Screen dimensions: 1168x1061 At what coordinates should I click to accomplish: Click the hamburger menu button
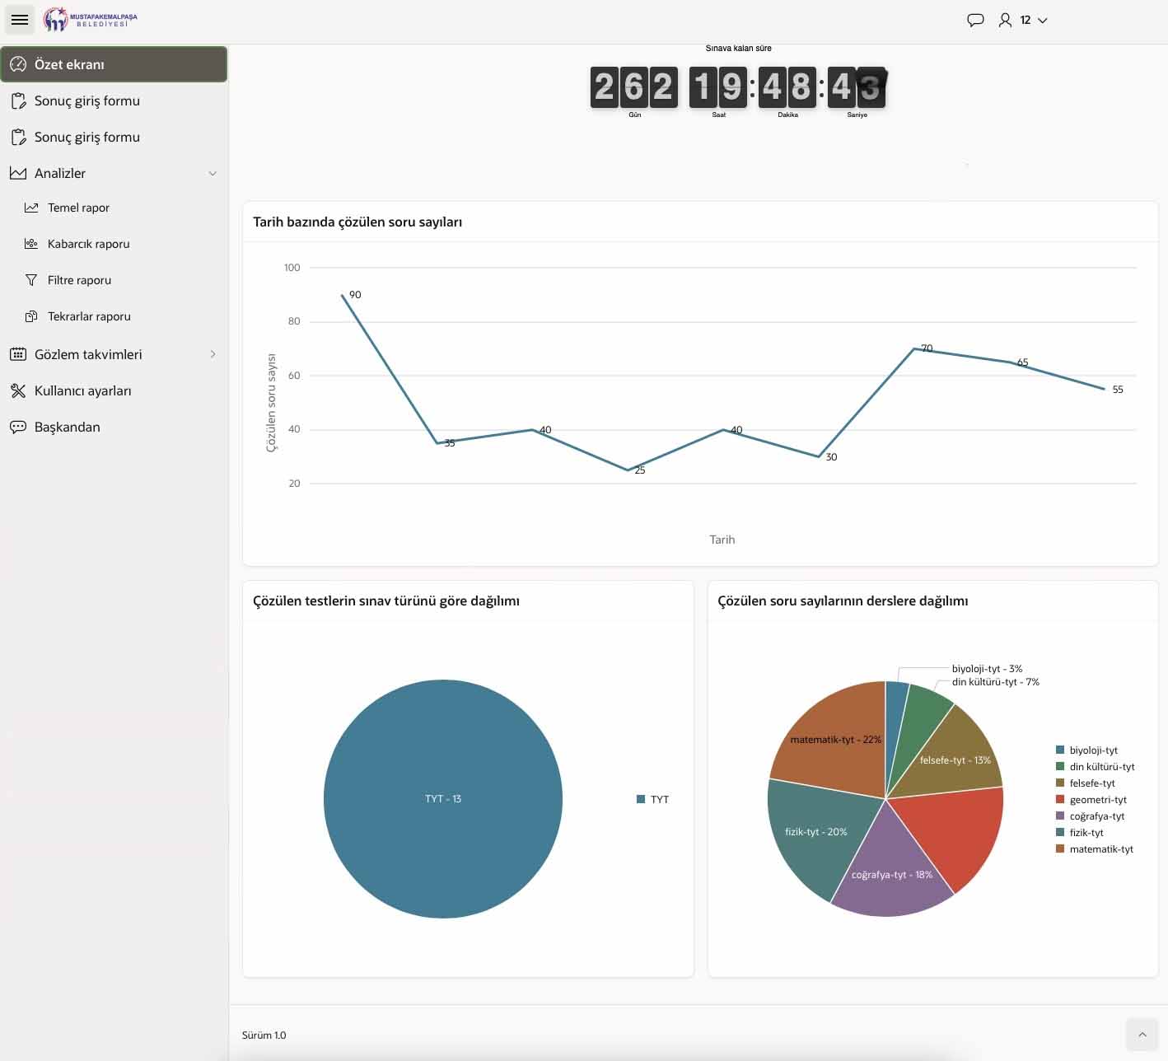[19, 20]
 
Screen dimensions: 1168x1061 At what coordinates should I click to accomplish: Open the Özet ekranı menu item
[114, 64]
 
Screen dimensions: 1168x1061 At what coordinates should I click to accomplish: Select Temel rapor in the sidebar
[78, 208]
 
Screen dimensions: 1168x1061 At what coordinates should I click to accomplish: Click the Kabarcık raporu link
[88, 244]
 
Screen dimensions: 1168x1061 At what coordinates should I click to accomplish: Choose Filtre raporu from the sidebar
[78, 280]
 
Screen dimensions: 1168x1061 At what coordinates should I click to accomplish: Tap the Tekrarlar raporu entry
[88, 316]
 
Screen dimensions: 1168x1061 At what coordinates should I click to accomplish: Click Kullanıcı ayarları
[82, 390]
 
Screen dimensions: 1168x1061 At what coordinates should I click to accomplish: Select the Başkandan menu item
[67, 427]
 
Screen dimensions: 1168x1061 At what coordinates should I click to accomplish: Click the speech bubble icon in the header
[975, 21]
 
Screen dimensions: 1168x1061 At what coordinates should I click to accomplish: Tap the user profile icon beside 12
[1005, 21]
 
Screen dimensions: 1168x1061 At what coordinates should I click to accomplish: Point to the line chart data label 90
[355, 295]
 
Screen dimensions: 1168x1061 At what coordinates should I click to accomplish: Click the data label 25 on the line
[640, 470]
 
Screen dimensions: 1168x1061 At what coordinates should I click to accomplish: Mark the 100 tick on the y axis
[292, 267]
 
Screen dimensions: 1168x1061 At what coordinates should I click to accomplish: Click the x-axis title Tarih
[722, 540]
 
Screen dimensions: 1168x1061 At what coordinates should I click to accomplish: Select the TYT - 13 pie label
[443, 799]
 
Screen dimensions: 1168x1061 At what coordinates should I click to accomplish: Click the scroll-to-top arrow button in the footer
[1142, 1035]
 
